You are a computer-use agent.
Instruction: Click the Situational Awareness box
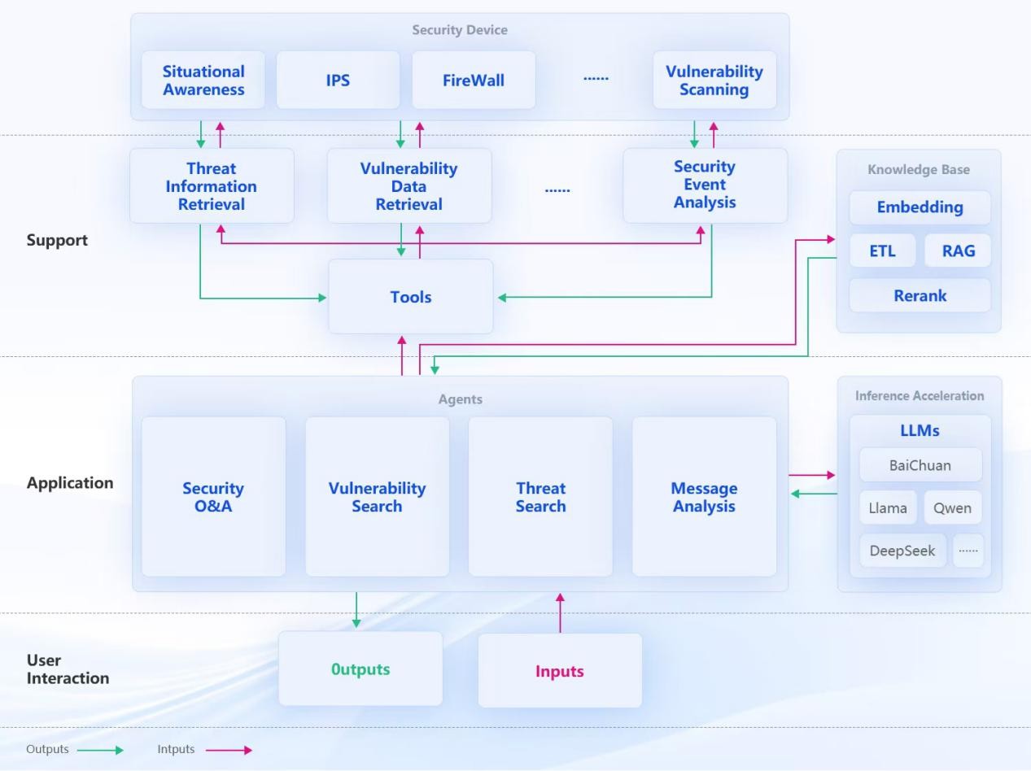pos(203,80)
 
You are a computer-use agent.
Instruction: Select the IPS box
pos(338,80)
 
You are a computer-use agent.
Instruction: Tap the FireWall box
pos(474,80)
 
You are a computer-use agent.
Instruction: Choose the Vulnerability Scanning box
pos(714,80)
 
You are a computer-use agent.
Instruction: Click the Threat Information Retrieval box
pos(212,185)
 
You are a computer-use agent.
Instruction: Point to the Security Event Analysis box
pos(705,185)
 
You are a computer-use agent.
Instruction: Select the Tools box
pos(410,297)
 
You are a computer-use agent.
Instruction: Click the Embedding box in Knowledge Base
pos(920,207)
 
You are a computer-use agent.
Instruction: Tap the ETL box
pos(882,250)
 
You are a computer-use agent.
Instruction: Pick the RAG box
pos(958,250)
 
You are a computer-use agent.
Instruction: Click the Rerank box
pos(920,295)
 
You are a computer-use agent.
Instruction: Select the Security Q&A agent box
pos(213,497)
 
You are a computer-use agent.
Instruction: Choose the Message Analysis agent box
pos(704,497)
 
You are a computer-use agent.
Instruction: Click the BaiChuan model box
pos(920,466)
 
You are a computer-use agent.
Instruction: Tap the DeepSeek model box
pos(902,551)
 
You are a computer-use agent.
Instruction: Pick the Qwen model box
pos(952,508)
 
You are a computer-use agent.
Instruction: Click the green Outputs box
pos(360,669)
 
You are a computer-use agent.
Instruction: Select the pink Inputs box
pos(560,671)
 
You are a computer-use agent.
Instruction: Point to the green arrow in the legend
pos(100,750)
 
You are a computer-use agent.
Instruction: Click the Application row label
pos(70,482)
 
